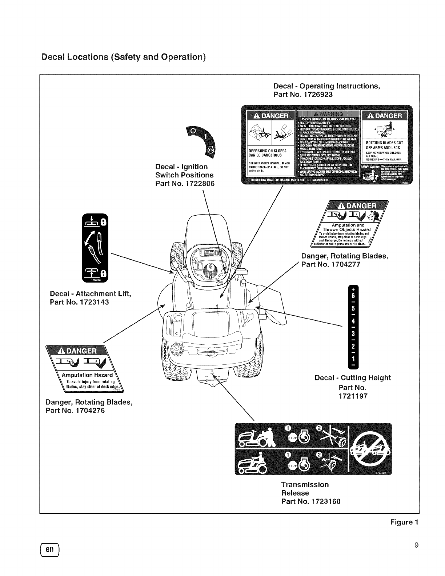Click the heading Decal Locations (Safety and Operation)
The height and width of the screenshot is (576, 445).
[x=123, y=57]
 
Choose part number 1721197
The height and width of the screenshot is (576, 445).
[x=352, y=396]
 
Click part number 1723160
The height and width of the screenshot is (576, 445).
[x=311, y=502]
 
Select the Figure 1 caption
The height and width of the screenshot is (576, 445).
[x=404, y=523]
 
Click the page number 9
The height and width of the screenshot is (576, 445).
[x=417, y=545]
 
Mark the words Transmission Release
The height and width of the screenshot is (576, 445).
[x=305, y=489]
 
